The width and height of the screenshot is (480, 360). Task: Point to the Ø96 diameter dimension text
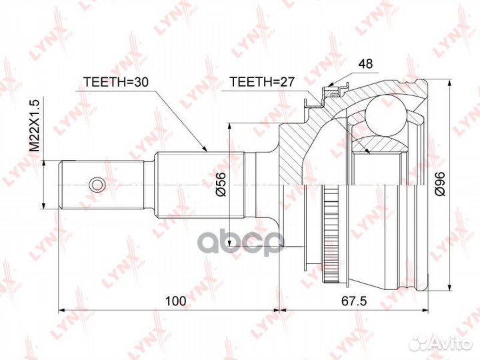coord(439,183)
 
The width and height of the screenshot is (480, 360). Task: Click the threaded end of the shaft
coord(77,183)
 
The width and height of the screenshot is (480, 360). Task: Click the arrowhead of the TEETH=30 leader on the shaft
coord(207,150)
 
